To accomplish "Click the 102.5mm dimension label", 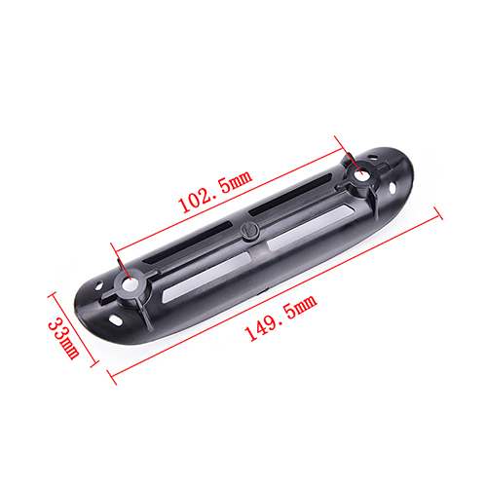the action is pos(215,191).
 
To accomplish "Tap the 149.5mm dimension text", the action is pos(281,318).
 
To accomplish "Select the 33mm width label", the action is pos(64,338).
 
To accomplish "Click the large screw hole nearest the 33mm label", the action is pos(130,284).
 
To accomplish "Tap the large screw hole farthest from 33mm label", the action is pos(360,175).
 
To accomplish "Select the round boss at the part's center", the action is pos(249,231).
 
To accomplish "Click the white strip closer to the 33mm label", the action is pos(206,276).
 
